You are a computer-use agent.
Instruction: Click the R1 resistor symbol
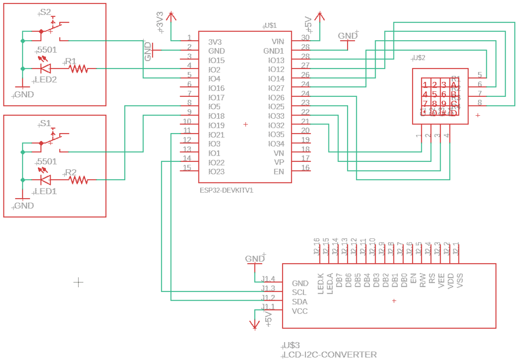[79, 69]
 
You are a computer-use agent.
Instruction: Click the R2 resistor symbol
[79, 179]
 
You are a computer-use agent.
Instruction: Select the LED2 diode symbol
[45, 69]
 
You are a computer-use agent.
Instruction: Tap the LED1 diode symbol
[45, 179]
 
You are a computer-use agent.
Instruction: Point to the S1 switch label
[45, 124]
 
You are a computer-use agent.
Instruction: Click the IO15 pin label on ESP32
[216, 60]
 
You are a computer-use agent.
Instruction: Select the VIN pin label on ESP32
[277, 41]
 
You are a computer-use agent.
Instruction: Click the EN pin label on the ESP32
[279, 171]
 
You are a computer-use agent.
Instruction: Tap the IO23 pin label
[216, 171]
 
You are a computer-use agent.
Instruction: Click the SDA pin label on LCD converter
[300, 302]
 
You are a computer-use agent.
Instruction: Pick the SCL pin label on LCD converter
[300, 292]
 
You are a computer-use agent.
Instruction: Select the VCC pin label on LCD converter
[300, 311]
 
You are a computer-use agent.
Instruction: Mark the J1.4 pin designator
[268, 279]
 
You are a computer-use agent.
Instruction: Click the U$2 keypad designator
[418, 58]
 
